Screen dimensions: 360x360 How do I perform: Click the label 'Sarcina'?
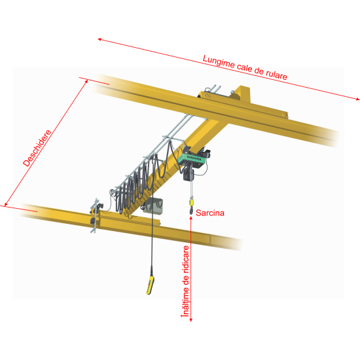pos(210,213)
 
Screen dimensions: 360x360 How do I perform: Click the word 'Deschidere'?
pos(37,148)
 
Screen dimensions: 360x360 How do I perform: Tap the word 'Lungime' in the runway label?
pos(219,62)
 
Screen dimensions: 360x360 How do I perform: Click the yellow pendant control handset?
pos(150,285)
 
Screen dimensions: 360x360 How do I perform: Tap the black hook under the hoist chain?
pos(191,210)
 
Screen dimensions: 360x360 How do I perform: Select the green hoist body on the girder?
pos(191,158)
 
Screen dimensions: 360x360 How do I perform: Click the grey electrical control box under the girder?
pos(153,206)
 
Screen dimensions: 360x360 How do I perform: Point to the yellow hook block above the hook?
pos(191,202)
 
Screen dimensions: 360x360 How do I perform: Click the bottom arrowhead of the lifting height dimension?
pos(191,319)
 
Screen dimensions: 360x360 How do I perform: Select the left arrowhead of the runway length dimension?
pos(100,39)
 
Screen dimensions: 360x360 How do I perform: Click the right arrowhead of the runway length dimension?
pos(357,99)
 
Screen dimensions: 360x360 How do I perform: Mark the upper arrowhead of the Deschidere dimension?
pos(86,81)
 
